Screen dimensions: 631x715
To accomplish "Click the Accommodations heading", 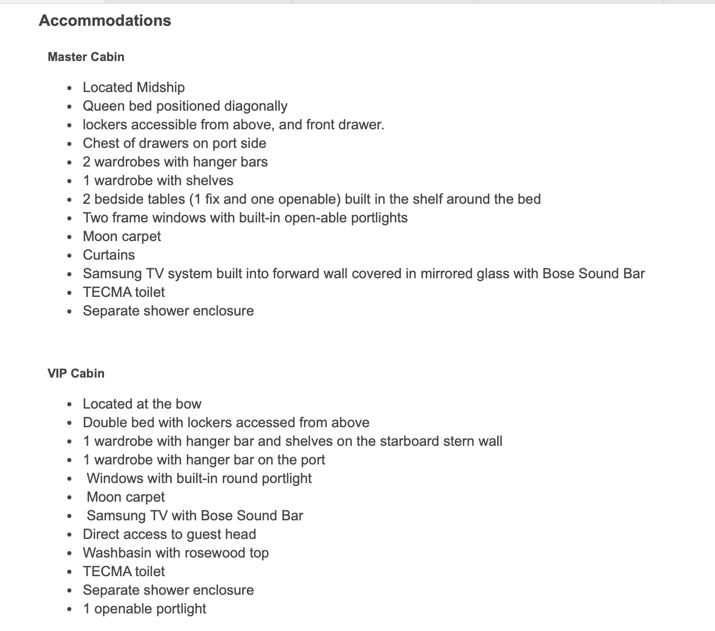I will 105,21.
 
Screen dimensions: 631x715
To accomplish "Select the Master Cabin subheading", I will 86,57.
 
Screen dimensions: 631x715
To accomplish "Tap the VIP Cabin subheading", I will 76,373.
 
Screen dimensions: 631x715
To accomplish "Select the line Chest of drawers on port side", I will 174,143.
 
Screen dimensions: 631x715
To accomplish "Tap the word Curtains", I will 109,255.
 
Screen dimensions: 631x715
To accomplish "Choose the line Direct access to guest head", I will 169,534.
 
